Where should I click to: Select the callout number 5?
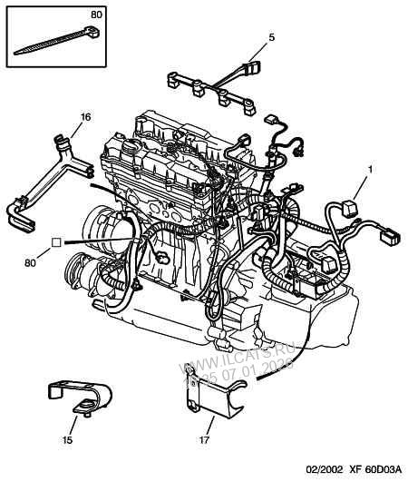coord(270,37)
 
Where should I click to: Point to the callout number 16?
coord(85,117)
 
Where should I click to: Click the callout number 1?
coord(369,170)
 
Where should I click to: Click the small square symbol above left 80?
coord(56,242)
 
